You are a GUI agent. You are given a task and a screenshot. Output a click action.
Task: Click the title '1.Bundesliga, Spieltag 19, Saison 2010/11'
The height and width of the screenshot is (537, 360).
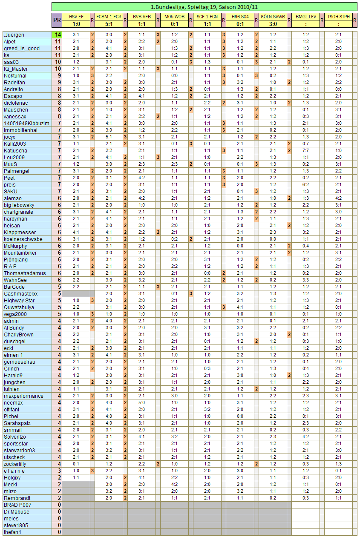(x=204, y=7)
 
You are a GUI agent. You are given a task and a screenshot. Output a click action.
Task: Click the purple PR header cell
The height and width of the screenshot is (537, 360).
(x=57, y=20)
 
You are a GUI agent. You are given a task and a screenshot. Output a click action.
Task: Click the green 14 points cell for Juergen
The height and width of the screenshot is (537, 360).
(x=57, y=34)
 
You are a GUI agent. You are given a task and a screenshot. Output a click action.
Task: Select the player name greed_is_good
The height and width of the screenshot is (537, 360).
(x=22, y=49)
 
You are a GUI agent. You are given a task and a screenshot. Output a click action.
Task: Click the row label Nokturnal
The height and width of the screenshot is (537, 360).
(x=15, y=76)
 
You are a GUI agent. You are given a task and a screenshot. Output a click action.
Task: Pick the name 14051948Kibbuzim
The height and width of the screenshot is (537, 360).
(x=26, y=123)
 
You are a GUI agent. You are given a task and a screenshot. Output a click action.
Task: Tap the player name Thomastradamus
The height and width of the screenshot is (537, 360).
(x=24, y=273)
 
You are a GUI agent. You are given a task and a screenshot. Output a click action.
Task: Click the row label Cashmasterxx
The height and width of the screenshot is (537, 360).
(x=21, y=294)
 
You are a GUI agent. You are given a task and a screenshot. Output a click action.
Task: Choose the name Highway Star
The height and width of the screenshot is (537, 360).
(x=19, y=301)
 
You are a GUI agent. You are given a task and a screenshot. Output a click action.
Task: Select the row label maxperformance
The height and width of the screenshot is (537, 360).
(x=23, y=396)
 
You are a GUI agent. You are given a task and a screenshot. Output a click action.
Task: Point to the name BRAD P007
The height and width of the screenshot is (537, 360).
(x=17, y=505)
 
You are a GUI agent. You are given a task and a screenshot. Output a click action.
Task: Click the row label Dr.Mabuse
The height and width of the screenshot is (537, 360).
(x=17, y=512)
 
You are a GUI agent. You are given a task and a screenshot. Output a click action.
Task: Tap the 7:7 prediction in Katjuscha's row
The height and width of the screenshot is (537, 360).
(x=305, y=151)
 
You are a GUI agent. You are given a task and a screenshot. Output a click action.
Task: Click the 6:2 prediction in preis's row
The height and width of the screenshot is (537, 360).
(x=305, y=185)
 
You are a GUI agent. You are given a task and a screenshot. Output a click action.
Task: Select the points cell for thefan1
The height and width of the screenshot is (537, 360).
(x=57, y=532)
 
